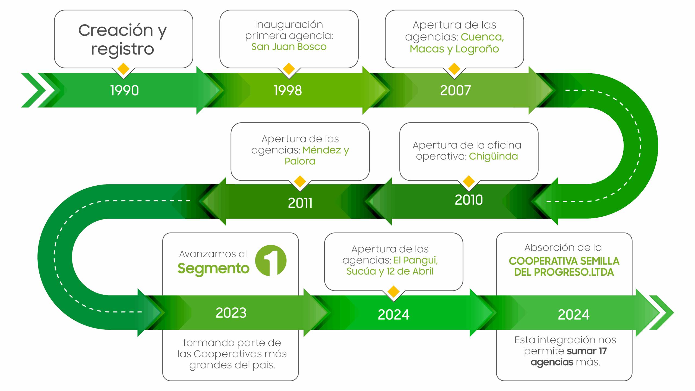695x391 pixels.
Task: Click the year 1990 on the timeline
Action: pos(125,90)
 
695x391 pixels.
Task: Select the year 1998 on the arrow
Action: pos(288,90)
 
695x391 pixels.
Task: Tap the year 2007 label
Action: pos(455,90)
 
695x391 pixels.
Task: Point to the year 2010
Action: pos(469,200)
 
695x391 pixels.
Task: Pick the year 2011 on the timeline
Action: pos(300,203)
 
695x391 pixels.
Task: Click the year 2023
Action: pos(231,313)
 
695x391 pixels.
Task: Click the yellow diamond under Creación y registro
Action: pos(124,69)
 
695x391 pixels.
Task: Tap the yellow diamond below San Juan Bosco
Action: pos(289,69)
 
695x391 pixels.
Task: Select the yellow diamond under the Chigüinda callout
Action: pos(469,181)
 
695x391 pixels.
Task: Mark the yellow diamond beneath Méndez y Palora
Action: pos(300,181)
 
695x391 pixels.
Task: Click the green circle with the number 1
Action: pos(271,260)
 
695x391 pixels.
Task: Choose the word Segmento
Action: pos(213,269)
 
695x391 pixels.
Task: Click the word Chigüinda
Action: pos(493,156)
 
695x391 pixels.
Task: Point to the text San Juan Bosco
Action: pos(289,47)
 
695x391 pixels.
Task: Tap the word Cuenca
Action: pos(482,37)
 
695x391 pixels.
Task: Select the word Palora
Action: pos(300,161)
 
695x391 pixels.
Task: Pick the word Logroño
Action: pos(477,49)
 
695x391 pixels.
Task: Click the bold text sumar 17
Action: pos(587,351)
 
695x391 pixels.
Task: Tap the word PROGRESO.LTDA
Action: pos(574,272)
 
